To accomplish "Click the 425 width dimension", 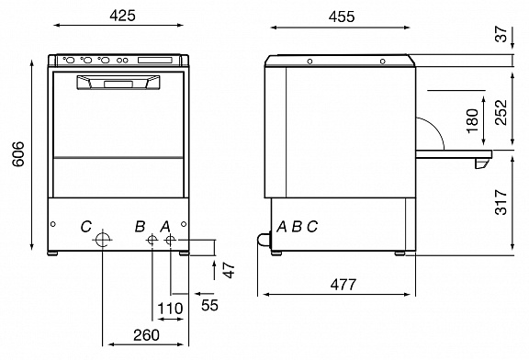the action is point(122,16).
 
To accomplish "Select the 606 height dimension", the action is point(18,154).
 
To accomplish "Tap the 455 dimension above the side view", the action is point(342,17).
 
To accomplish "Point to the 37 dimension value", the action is point(501,34).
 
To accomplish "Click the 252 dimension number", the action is point(501,112).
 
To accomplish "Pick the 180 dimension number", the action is point(473,121).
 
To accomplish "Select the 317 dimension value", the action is point(501,202).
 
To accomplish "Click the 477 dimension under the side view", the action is point(343,285).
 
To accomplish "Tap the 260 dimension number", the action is point(146,335).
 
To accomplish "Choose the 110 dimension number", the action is point(171,309).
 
